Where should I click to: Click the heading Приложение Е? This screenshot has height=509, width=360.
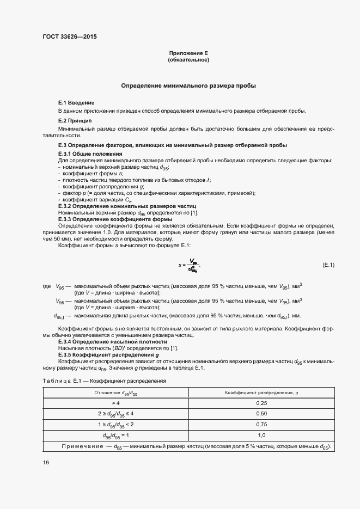pos(188,53)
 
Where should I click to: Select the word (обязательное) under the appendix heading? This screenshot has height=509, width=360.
pos(188,59)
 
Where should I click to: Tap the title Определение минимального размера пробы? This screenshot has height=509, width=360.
pos(188,86)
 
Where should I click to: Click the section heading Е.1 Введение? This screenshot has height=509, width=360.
pos(76,102)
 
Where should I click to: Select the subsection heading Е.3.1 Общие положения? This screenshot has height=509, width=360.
pos(90,155)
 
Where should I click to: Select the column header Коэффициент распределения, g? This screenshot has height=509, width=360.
pos(261,393)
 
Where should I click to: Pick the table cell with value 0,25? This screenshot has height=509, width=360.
pos(261,403)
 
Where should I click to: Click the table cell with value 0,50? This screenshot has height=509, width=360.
pos(261,414)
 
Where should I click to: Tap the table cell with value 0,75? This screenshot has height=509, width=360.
pos(261,425)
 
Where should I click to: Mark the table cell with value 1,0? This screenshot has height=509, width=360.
pos(261,436)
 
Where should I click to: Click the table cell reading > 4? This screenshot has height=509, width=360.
pos(115,403)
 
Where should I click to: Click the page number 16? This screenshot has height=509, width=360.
pos(46,462)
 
